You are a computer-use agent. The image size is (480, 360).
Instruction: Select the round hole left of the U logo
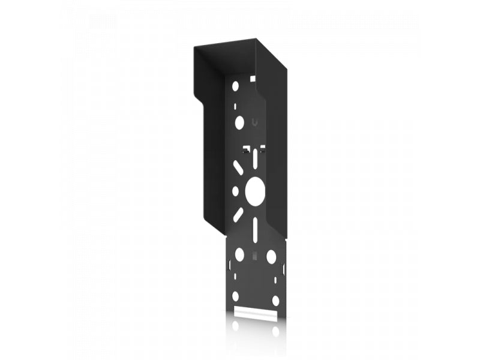tap(239, 123)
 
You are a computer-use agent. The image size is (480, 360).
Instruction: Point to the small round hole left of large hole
tap(235, 190)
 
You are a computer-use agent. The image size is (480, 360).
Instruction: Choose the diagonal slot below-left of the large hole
tap(239, 214)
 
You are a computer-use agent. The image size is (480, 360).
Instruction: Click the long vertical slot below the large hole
tap(255, 228)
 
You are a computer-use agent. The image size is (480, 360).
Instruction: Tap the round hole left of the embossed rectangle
tap(239, 254)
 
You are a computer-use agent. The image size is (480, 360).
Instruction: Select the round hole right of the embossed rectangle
tap(271, 256)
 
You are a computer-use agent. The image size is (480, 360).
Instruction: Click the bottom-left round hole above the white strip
tap(236, 296)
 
